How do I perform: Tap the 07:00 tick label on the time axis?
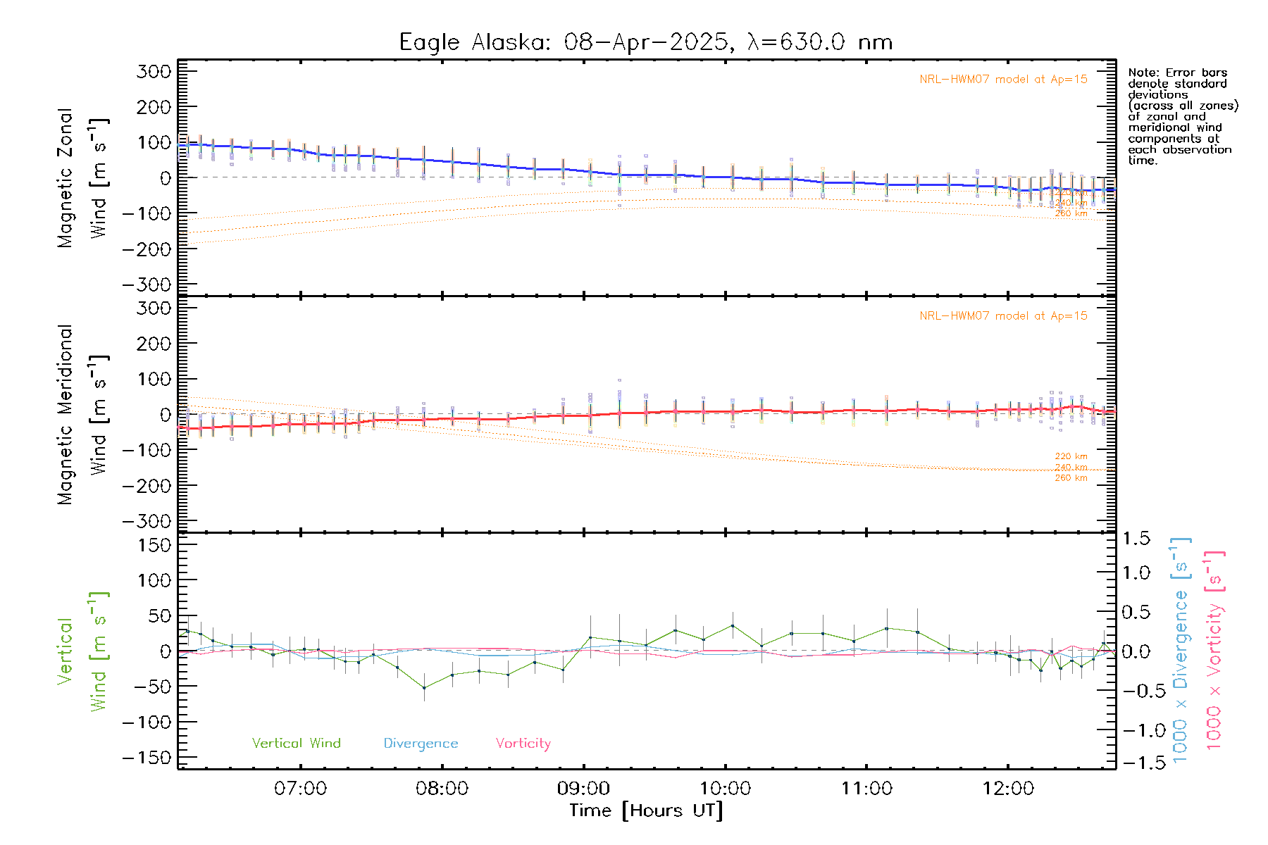tap(300, 789)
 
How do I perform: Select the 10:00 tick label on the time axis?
tap(725, 789)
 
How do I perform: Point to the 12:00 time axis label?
tap(1008, 789)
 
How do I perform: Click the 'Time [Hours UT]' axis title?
tap(646, 810)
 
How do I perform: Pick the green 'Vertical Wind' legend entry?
tap(296, 743)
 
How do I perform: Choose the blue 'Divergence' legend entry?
tap(421, 743)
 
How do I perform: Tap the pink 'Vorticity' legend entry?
tap(523, 743)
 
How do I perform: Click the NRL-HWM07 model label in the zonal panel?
tap(1003, 80)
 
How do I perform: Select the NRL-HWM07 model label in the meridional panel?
tap(1003, 316)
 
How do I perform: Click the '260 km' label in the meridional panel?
tap(1071, 478)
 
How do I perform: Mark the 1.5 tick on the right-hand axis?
tap(1136, 539)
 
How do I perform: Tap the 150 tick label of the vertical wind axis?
tap(154, 545)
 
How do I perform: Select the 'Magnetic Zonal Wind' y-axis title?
tap(82, 178)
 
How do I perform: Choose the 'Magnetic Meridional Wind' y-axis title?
tap(82, 415)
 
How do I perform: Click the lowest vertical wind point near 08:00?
tap(424, 687)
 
